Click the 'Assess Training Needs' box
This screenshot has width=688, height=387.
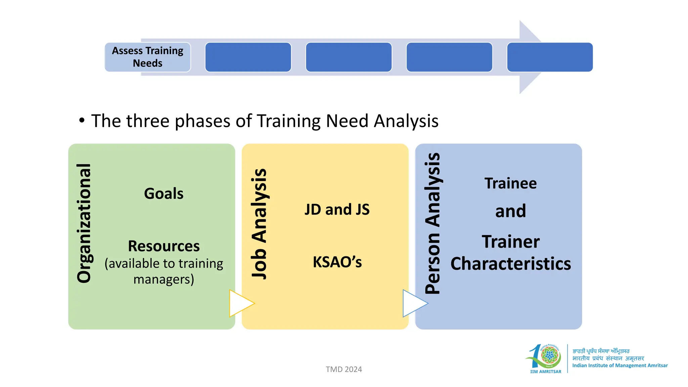coord(148,57)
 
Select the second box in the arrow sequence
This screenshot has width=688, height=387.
coord(248,57)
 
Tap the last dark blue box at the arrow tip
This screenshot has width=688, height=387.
coord(550,57)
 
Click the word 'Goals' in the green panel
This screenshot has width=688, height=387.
coord(164,194)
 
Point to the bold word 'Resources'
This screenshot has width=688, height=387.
coord(164,246)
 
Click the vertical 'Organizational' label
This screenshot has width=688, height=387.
coord(84,223)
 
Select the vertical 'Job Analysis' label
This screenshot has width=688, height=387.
coord(259,223)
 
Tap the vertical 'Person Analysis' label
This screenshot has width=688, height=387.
coord(432,223)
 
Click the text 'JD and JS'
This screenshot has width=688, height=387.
coord(337,210)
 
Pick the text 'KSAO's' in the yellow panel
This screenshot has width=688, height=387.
coord(337,262)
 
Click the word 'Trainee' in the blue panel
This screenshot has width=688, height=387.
coord(510,184)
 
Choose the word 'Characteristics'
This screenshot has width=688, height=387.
coord(510,264)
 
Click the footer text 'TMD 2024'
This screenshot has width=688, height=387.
coord(344,370)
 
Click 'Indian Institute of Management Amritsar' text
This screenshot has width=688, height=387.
coord(620,365)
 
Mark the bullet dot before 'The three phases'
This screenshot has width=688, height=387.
coord(82,120)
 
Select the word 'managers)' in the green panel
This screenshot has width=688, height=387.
coord(164,279)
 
